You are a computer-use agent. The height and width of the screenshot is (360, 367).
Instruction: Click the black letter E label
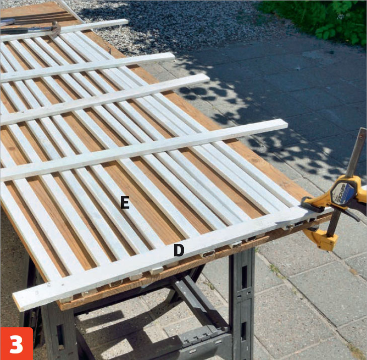(x=124, y=202)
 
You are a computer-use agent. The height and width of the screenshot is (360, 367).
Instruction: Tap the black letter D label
(x=179, y=250)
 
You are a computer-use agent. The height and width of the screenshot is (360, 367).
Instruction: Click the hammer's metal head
(x=56, y=28)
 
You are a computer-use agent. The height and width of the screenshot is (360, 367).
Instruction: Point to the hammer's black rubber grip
(x=14, y=31)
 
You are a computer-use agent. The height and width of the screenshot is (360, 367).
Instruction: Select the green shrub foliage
(x=318, y=19)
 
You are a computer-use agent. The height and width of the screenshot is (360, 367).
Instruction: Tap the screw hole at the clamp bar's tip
(x=363, y=136)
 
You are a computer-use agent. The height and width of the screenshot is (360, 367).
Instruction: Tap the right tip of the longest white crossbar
(x=286, y=123)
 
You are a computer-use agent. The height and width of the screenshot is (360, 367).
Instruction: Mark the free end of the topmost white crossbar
(x=127, y=22)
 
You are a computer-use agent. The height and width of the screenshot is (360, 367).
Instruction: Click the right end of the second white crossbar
(x=173, y=56)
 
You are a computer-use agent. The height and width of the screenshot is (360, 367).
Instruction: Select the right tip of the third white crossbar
(x=208, y=77)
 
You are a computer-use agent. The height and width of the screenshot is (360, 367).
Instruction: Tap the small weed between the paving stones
(x=276, y=271)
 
